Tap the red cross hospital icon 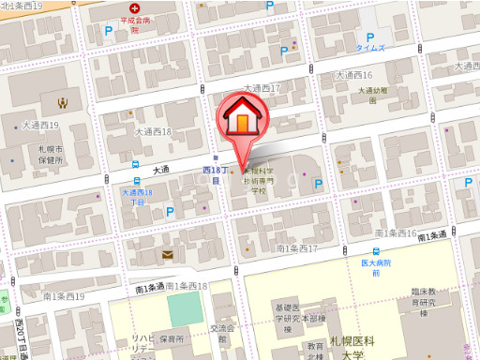pyautogui.click(x=133, y=17)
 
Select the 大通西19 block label pyautogui.click(x=40, y=125)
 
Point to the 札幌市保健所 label pyautogui.click(x=51, y=155)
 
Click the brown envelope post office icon pyautogui.click(x=167, y=254)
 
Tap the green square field pyautogui.click(x=184, y=308)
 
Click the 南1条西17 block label pyautogui.click(x=298, y=249)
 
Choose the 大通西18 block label pyautogui.click(x=153, y=133)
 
